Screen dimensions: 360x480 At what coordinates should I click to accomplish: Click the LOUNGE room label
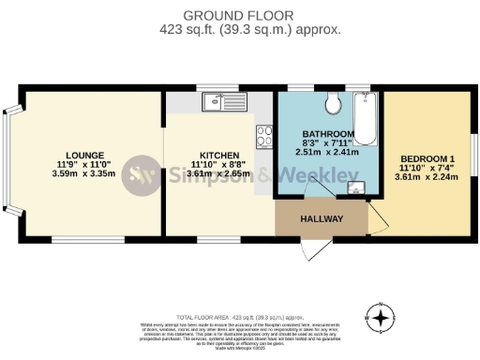pos(83,155)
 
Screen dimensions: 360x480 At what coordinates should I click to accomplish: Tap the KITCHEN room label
pos(218,155)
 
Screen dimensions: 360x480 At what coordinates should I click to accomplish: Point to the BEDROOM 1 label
pos(427,157)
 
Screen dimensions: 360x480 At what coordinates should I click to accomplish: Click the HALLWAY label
pos(322,219)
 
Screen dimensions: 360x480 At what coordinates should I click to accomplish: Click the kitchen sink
pos(215,102)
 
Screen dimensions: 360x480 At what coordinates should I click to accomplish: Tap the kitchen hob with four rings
pos(264,143)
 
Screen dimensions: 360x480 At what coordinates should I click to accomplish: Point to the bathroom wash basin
pos(355,187)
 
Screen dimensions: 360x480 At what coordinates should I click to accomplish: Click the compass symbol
pos(381,319)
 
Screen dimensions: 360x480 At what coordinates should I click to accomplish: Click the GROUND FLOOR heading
pos(239,15)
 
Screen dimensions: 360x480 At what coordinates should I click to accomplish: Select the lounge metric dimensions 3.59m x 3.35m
pos(83,173)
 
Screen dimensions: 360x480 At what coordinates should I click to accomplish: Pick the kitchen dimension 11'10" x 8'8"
pos(218,164)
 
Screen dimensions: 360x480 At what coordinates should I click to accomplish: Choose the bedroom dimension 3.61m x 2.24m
pos(427,176)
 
